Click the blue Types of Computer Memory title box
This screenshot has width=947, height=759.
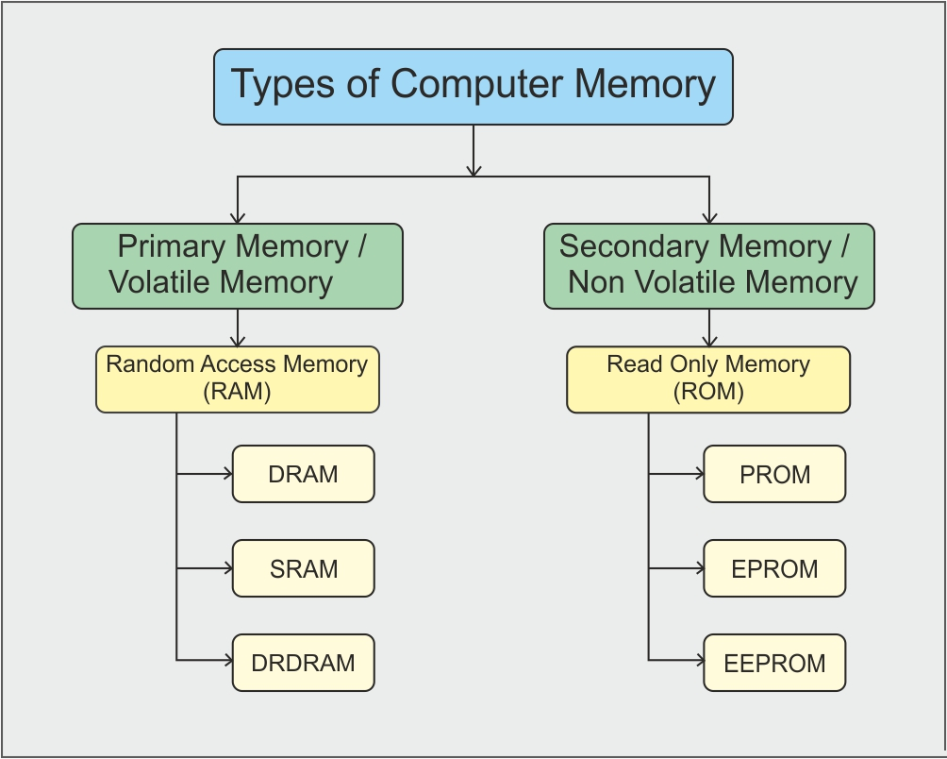(473, 87)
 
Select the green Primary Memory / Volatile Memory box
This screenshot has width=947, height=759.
(238, 266)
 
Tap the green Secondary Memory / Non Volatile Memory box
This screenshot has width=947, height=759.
(708, 266)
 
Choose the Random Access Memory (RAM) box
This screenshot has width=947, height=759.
(238, 379)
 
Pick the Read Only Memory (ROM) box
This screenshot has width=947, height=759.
(708, 379)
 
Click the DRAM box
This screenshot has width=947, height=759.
(303, 474)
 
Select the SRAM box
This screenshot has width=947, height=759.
(303, 568)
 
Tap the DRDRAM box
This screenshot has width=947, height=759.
(303, 663)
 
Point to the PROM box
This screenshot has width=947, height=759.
(774, 474)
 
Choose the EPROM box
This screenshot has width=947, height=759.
(774, 568)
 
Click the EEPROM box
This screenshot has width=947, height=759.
(774, 663)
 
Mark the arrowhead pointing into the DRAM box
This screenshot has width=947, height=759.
(227, 474)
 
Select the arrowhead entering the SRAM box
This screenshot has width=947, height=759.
(227, 568)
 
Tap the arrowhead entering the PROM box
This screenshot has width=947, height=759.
(699, 474)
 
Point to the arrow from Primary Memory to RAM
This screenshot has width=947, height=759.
(238, 329)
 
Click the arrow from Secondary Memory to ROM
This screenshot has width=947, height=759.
(708, 329)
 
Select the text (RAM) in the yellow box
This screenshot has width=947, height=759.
(238, 393)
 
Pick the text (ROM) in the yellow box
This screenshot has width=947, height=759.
(708, 393)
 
